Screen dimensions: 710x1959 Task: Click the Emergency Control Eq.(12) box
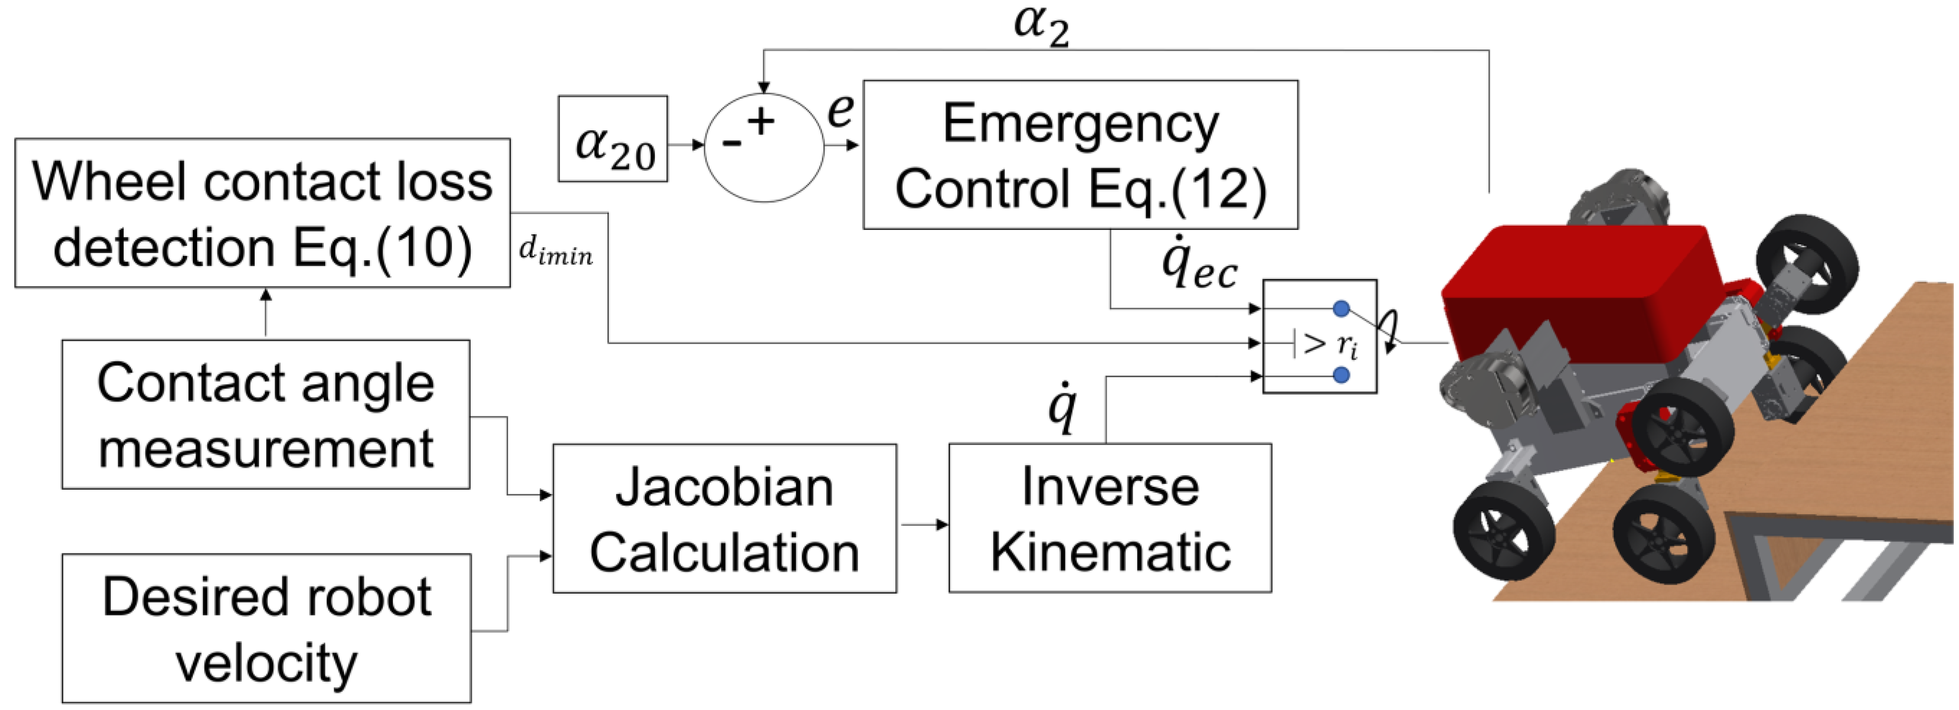click(1080, 155)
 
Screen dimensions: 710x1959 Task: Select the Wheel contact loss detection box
click(262, 213)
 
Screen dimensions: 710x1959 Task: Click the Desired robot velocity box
click(266, 628)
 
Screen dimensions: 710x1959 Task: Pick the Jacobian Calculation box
click(724, 518)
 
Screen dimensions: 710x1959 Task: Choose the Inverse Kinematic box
click(1110, 518)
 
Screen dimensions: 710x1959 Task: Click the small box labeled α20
click(613, 139)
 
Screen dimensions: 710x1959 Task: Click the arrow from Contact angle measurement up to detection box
click(265, 312)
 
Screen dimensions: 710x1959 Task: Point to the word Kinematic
click(1110, 553)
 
